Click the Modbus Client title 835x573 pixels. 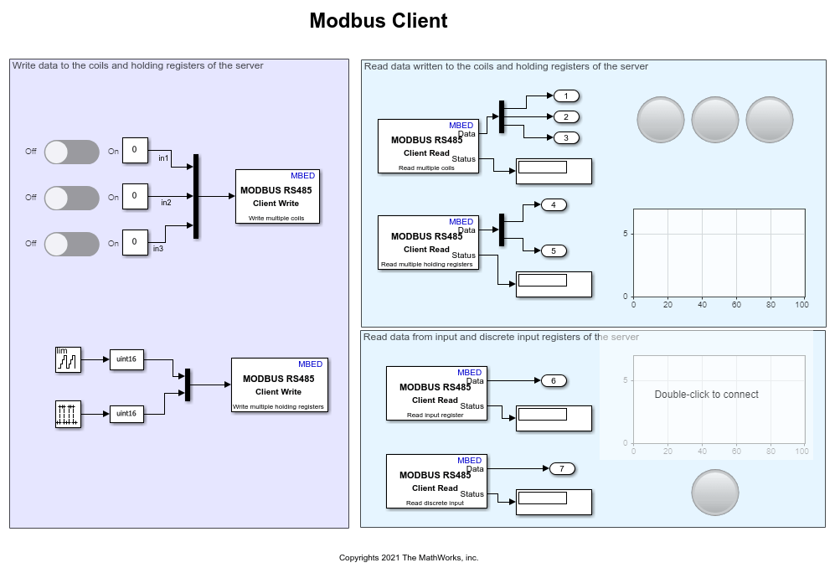[379, 21]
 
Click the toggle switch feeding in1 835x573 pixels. [71, 152]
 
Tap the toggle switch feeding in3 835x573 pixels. [71, 244]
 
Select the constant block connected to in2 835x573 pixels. [135, 197]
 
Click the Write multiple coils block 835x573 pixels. [277, 197]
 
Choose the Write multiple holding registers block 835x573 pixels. [279, 385]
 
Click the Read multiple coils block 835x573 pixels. [427, 146]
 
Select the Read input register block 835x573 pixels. [436, 393]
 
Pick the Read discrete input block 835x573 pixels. [436, 481]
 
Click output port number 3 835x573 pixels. [566, 137]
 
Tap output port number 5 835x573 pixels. [554, 250]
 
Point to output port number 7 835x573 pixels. [562, 468]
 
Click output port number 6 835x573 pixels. [554, 380]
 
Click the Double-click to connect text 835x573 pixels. [706, 395]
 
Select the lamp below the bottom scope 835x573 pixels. [715, 492]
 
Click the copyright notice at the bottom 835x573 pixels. [409, 558]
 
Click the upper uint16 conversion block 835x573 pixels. [126, 359]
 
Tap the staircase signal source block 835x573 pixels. [68, 359]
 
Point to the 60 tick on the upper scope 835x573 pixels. [736, 305]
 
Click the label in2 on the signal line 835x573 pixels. [166, 203]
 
